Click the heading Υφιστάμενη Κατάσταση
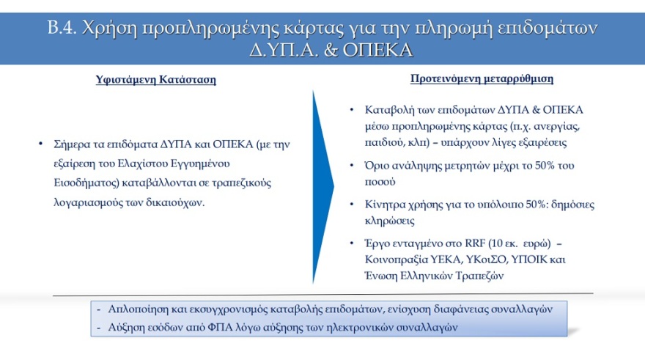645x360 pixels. point(156,80)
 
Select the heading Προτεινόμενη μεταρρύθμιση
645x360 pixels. point(482,78)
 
